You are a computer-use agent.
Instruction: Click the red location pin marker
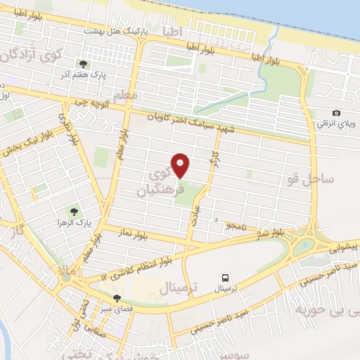[181, 165]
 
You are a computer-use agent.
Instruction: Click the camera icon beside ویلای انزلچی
[337, 112]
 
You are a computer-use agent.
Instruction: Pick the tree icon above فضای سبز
[116, 298]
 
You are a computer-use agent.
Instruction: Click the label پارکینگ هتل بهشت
[122, 32]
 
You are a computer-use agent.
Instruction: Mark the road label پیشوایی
[343, 247]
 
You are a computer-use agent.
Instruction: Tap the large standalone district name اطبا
[171, 32]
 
